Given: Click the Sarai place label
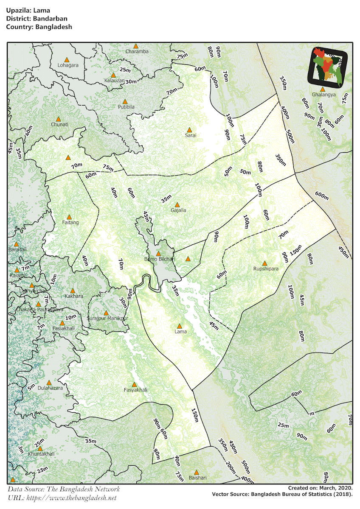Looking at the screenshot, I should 190,136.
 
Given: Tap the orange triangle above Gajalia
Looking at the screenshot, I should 177,204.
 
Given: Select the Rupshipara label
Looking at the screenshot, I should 266,269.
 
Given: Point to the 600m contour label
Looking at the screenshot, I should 322,196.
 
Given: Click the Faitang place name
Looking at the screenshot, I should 70,222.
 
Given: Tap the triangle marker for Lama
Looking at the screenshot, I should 179,326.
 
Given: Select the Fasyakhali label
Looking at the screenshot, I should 135,390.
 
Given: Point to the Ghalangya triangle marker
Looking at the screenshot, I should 323,89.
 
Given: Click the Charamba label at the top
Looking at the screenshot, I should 137,52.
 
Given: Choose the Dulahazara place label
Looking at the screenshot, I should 50,388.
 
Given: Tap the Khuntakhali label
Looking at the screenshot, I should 41,454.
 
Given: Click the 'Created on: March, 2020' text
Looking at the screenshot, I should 320,488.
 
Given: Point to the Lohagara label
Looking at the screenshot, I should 68,65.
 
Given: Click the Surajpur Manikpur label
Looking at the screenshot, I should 107,318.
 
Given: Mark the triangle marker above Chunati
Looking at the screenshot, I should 59,119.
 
